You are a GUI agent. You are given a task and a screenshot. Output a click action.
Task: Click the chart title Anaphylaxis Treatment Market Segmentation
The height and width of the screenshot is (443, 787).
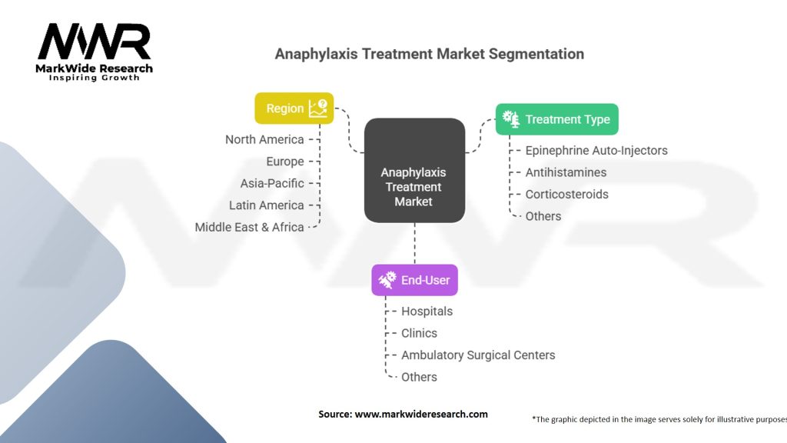[429, 54]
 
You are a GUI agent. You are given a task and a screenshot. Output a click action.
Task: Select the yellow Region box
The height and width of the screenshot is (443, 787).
[294, 108]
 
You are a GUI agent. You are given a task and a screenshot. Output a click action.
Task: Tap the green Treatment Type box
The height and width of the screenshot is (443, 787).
[556, 119]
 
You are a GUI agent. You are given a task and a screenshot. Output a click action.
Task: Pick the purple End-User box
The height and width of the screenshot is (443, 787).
[414, 281]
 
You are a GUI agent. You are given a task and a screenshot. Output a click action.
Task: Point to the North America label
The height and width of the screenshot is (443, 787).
[264, 139]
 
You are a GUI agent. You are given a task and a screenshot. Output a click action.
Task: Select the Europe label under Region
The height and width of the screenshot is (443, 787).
[284, 162]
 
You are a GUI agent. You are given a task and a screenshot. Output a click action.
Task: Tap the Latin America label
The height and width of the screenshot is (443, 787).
[266, 205]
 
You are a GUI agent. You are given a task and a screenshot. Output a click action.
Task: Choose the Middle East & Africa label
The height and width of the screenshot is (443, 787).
[249, 227]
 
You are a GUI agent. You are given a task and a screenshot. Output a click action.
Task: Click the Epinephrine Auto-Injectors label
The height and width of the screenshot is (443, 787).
[596, 151]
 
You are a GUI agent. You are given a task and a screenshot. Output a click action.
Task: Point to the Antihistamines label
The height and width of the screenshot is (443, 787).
[566, 172]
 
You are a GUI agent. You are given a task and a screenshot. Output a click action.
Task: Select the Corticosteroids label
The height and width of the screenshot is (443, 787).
[566, 195]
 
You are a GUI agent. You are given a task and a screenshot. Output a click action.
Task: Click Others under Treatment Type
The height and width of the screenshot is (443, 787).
[543, 216]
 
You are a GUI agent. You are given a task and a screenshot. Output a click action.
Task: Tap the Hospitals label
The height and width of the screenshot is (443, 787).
[427, 311]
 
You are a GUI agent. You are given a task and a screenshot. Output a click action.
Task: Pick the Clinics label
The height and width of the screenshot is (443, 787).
[419, 333]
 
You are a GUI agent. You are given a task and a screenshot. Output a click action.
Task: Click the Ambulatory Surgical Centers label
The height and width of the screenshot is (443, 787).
[478, 355]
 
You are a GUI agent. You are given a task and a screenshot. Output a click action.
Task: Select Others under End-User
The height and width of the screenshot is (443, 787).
[419, 377]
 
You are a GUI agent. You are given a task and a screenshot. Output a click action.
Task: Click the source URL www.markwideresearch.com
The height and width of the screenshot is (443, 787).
[420, 414]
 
